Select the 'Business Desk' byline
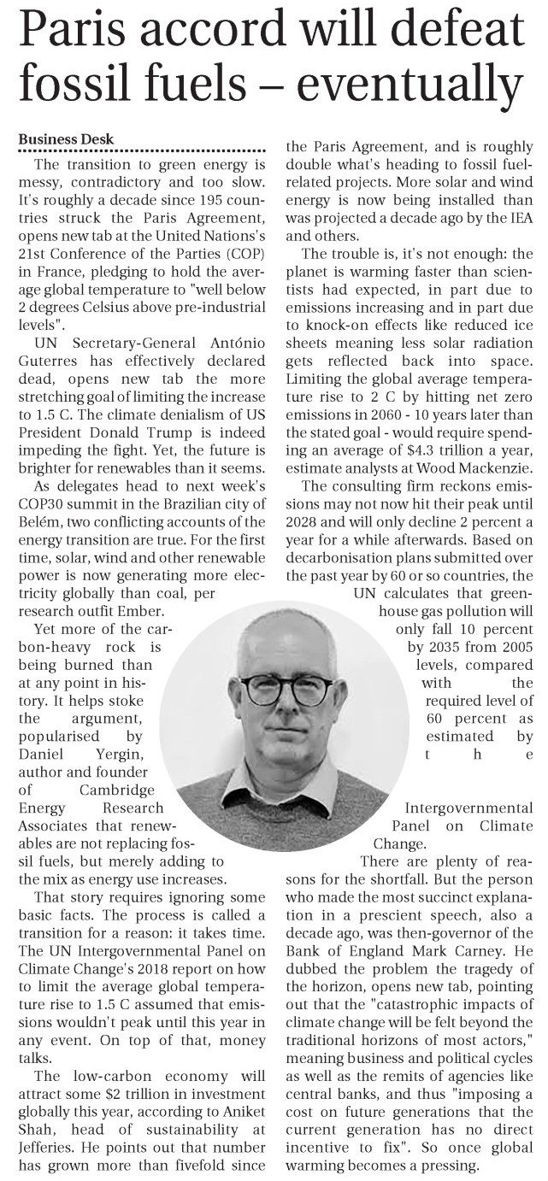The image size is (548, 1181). pyautogui.click(x=66, y=139)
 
